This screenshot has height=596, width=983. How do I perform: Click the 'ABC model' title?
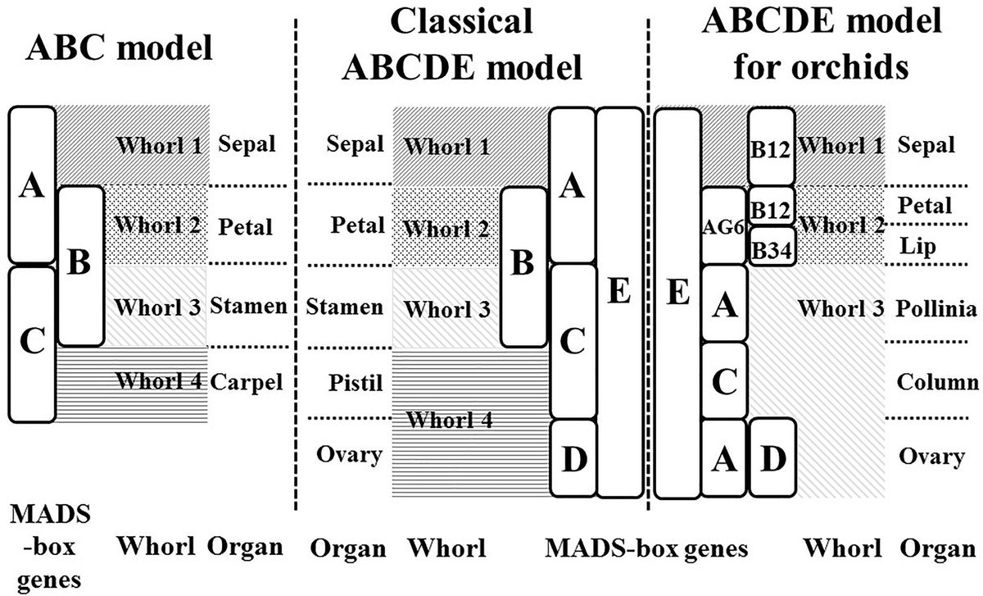pos(120,48)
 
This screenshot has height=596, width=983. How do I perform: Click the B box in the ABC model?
pos(81,266)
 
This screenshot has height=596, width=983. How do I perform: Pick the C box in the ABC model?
pos(31,343)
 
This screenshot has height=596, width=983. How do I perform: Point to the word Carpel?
pos(247,381)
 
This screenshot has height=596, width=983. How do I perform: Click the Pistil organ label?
pos(345,382)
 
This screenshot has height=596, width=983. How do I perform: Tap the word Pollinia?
pos(936,308)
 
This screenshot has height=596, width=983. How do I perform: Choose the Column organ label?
pos(936,382)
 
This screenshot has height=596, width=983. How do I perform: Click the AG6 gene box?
pos(723,227)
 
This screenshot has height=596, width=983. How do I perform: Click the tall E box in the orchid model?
pos(677,303)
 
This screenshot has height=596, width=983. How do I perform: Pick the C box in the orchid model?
pos(723,381)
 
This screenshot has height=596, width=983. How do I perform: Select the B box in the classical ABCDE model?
pos(523,266)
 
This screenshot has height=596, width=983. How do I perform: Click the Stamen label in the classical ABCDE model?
pos(344,307)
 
